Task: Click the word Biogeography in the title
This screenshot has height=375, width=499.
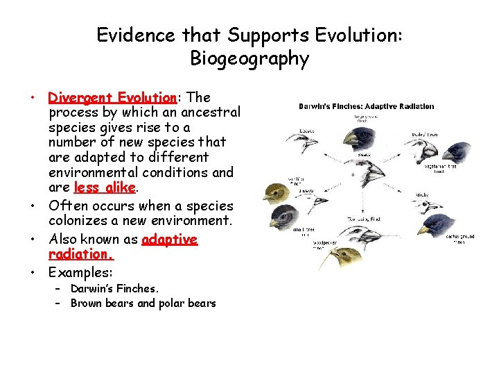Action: tap(249, 58)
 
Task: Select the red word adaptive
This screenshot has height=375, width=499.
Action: tap(170, 240)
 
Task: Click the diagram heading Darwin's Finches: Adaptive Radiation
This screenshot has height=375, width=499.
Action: tap(366, 106)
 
